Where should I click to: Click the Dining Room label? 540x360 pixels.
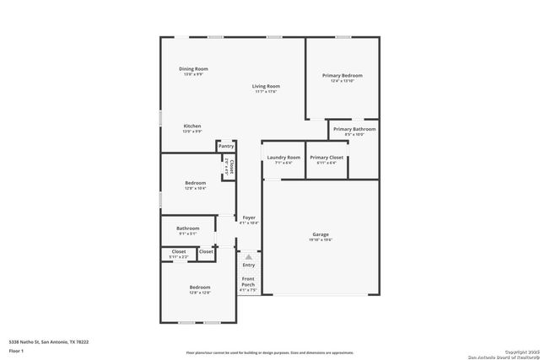pos(193,69)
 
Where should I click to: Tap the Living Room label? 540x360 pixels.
pos(266,86)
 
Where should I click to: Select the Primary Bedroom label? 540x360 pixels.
pos(342,76)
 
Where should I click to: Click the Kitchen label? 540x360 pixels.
pos(192,126)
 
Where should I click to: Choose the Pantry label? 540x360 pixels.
pos(226,146)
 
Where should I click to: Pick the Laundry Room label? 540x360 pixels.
pos(283,158)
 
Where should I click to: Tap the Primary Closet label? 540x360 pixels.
pos(326,158)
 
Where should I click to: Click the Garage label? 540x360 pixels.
pos(321,234)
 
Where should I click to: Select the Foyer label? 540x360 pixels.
pos(249,218)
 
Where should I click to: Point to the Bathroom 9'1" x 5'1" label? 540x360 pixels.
pos(188,228)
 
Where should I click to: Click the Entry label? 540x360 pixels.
pos(248,266)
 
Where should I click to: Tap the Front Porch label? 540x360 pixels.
pos(248,282)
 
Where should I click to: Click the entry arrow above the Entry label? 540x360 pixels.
pos(248,255)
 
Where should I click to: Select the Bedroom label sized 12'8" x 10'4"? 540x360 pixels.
pos(196,182)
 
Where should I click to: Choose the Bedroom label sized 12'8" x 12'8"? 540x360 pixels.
pos(199,288)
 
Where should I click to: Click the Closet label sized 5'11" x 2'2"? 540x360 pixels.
pos(179,251)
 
